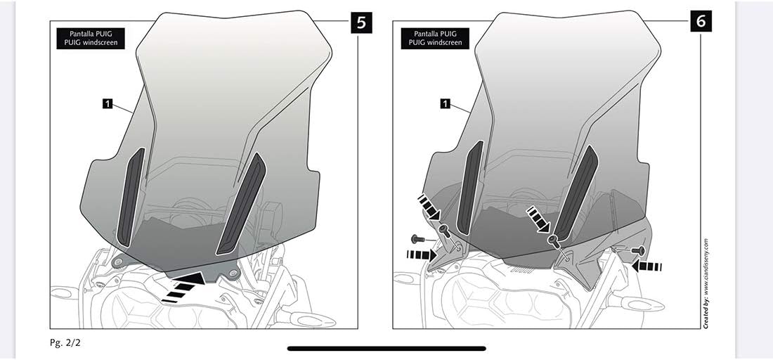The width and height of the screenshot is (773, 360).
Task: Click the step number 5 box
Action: click(x=360, y=22)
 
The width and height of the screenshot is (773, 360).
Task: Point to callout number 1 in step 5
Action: click(x=107, y=104)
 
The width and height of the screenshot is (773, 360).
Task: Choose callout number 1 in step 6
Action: click(x=445, y=104)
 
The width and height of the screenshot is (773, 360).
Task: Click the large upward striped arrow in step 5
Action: click(x=184, y=287)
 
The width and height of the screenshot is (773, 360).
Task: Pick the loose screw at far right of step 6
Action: click(x=639, y=250)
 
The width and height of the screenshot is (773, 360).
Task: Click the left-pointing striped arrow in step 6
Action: click(x=647, y=266)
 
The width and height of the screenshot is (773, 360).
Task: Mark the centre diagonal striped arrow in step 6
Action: click(x=539, y=218)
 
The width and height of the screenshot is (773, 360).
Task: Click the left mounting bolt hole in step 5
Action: click(x=117, y=262)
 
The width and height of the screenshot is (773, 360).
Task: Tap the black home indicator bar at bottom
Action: click(x=386, y=348)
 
